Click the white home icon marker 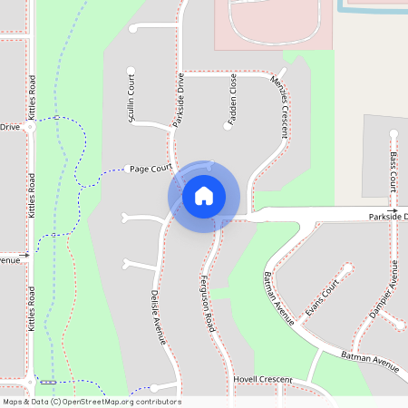204,195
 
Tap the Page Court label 151,169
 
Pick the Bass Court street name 393,170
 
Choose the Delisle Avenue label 157,317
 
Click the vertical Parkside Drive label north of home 179,100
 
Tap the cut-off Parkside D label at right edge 388,217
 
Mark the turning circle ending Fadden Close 227,126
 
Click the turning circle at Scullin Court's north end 131,69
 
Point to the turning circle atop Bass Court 393,134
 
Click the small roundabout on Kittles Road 30,128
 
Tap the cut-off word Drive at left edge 9,127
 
